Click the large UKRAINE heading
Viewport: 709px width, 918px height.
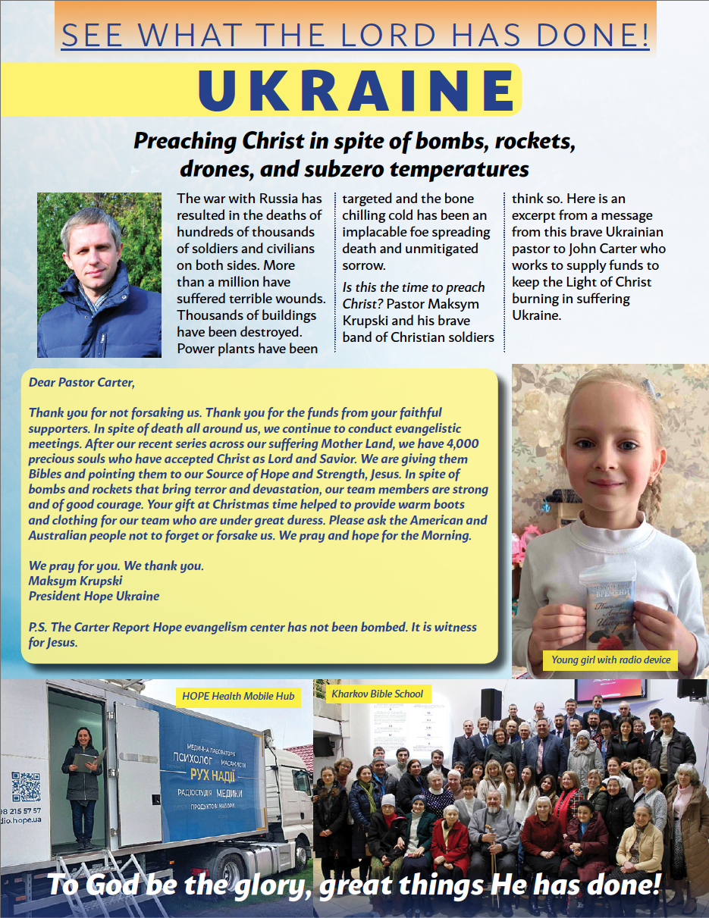pos(357,90)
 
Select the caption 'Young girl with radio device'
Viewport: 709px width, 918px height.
pos(610,660)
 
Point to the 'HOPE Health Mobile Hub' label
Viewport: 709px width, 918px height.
pos(238,696)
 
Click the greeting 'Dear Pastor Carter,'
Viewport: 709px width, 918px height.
pos(81,382)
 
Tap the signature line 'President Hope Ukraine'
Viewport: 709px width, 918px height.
pos(94,596)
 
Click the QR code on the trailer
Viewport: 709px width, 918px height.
pos(26,787)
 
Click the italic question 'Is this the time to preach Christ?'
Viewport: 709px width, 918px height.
pos(413,295)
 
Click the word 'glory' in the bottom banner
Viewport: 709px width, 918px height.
pos(265,885)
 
